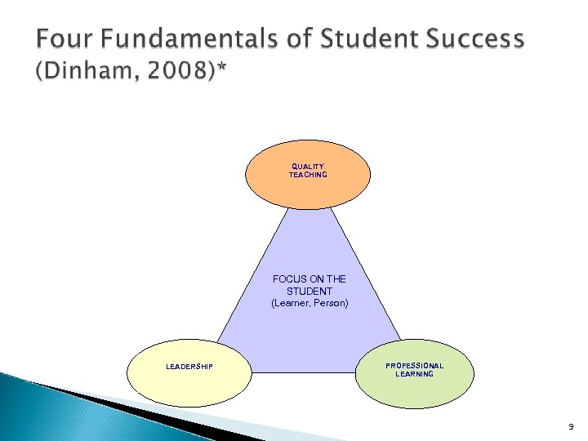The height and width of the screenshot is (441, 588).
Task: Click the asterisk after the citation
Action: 223,70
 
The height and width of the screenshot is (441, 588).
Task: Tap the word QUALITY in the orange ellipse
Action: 307,167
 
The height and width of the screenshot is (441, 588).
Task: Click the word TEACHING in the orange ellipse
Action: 307,175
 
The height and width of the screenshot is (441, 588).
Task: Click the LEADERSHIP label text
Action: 189,367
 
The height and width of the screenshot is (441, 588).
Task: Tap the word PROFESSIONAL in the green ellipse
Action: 415,366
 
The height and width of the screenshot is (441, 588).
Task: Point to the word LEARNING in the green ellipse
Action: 415,374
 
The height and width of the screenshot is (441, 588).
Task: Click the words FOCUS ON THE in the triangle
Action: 309,279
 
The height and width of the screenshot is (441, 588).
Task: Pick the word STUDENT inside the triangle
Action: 310,291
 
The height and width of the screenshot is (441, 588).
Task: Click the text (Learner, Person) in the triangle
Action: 310,303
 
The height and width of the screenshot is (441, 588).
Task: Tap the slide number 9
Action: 570,426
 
